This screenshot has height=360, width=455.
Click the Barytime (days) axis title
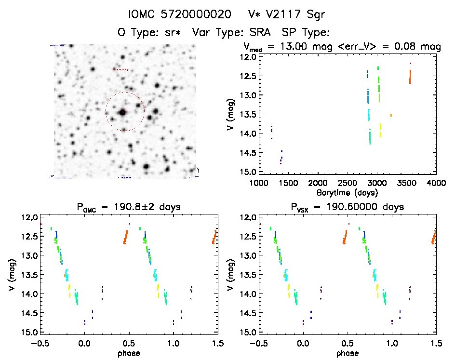(x=347, y=192)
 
